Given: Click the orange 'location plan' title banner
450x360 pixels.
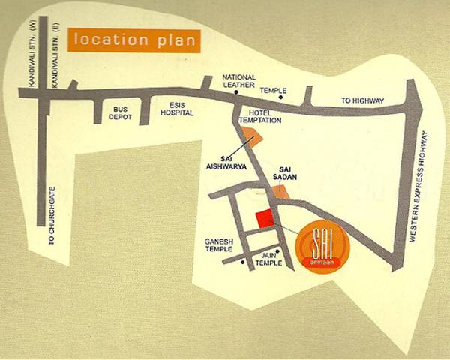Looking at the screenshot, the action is (x=133, y=39).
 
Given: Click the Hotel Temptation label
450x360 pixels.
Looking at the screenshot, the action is (x=264, y=115).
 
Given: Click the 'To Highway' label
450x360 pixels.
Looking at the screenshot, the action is (x=363, y=100).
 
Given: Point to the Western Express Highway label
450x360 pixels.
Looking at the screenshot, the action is (x=424, y=187).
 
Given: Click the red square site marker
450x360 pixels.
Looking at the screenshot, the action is (x=263, y=219).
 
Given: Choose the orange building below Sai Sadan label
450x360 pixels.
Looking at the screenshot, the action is (x=280, y=191).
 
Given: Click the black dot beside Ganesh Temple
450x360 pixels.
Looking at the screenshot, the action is (x=242, y=263).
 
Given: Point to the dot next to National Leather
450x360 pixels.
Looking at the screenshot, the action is (x=235, y=94).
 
